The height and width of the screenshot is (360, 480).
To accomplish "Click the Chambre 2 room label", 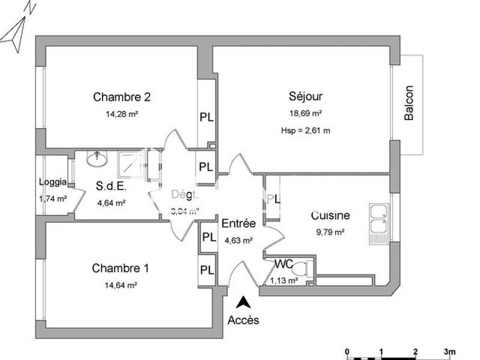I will (122, 97).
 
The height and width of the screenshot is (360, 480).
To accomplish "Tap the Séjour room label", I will (306, 96).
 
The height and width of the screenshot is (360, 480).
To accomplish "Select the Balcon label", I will (409, 104).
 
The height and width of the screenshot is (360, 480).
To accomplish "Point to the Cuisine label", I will (330, 215).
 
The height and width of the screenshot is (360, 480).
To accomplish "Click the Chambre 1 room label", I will (121, 268).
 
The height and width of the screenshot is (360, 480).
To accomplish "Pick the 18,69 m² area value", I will (306, 113).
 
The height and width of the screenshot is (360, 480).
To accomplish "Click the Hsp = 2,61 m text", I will (305, 130).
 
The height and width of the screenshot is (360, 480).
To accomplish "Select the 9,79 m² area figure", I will (330, 233).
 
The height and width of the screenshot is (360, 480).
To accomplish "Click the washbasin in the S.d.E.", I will (95, 159).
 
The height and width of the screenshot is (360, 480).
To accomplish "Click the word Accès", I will (243, 320).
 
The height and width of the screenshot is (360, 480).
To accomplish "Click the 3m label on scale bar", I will (449, 352).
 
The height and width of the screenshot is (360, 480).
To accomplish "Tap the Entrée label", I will (239, 223).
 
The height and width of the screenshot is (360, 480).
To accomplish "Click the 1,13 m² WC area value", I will (284, 280).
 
